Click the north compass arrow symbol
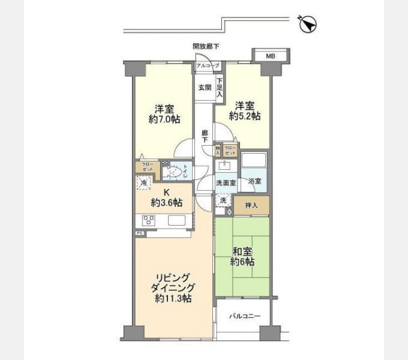pyautogui.click(x=308, y=23)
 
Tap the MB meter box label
pyautogui.click(x=271, y=56)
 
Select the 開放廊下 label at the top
pyautogui.click(x=206, y=46)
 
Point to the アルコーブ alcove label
pyautogui.click(x=208, y=65)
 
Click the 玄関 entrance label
pyautogui.click(x=205, y=87)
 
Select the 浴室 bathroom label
pyautogui.click(x=255, y=181)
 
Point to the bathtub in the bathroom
pyautogui.click(x=254, y=161)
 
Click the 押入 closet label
pyautogui.click(x=251, y=206)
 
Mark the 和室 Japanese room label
pyautogui.click(x=242, y=251)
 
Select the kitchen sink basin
pyautogui.click(x=178, y=220)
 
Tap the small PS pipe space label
pyautogui.click(x=139, y=233)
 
